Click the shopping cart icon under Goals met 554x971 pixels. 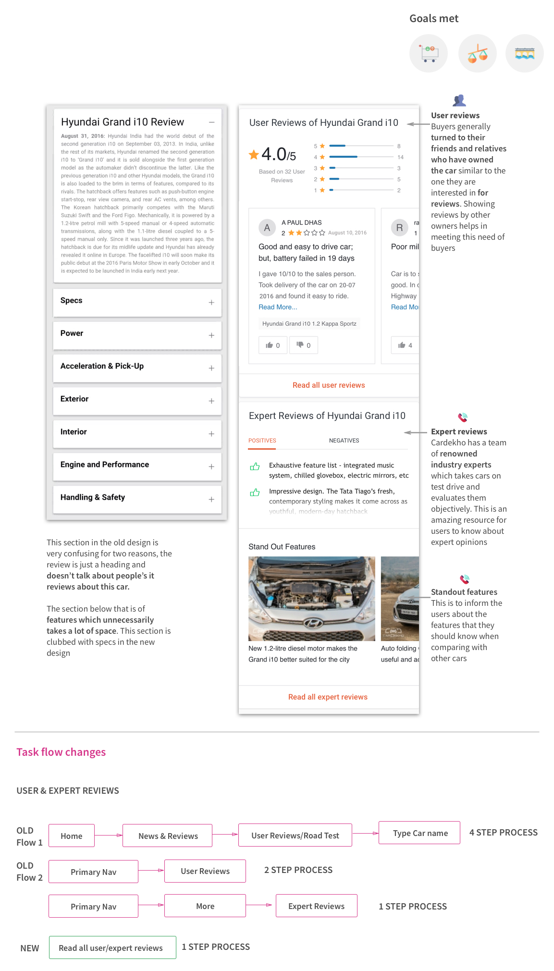point(428,53)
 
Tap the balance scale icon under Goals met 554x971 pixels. point(477,53)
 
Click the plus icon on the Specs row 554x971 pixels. point(211,302)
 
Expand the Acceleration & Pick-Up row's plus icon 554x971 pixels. point(211,368)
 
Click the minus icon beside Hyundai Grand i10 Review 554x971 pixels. point(211,123)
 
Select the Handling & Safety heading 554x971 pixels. point(93,497)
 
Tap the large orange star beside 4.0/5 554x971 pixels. point(254,155)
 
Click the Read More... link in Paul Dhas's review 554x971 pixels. point(278,307)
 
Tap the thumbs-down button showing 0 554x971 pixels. point(303,345)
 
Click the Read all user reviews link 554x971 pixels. point(329,385)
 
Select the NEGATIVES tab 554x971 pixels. point(344,441)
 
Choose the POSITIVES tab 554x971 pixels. point(262,441)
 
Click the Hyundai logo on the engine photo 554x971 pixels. point(312,623)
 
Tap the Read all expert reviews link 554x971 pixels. point(328,697)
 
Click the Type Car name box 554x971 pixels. point(419,833)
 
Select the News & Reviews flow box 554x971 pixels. point(168,836)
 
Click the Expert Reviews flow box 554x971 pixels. point(316,906)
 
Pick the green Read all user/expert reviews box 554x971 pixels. point(112,948)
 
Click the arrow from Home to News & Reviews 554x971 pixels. point(109,836)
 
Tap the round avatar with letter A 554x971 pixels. point(267,228)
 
